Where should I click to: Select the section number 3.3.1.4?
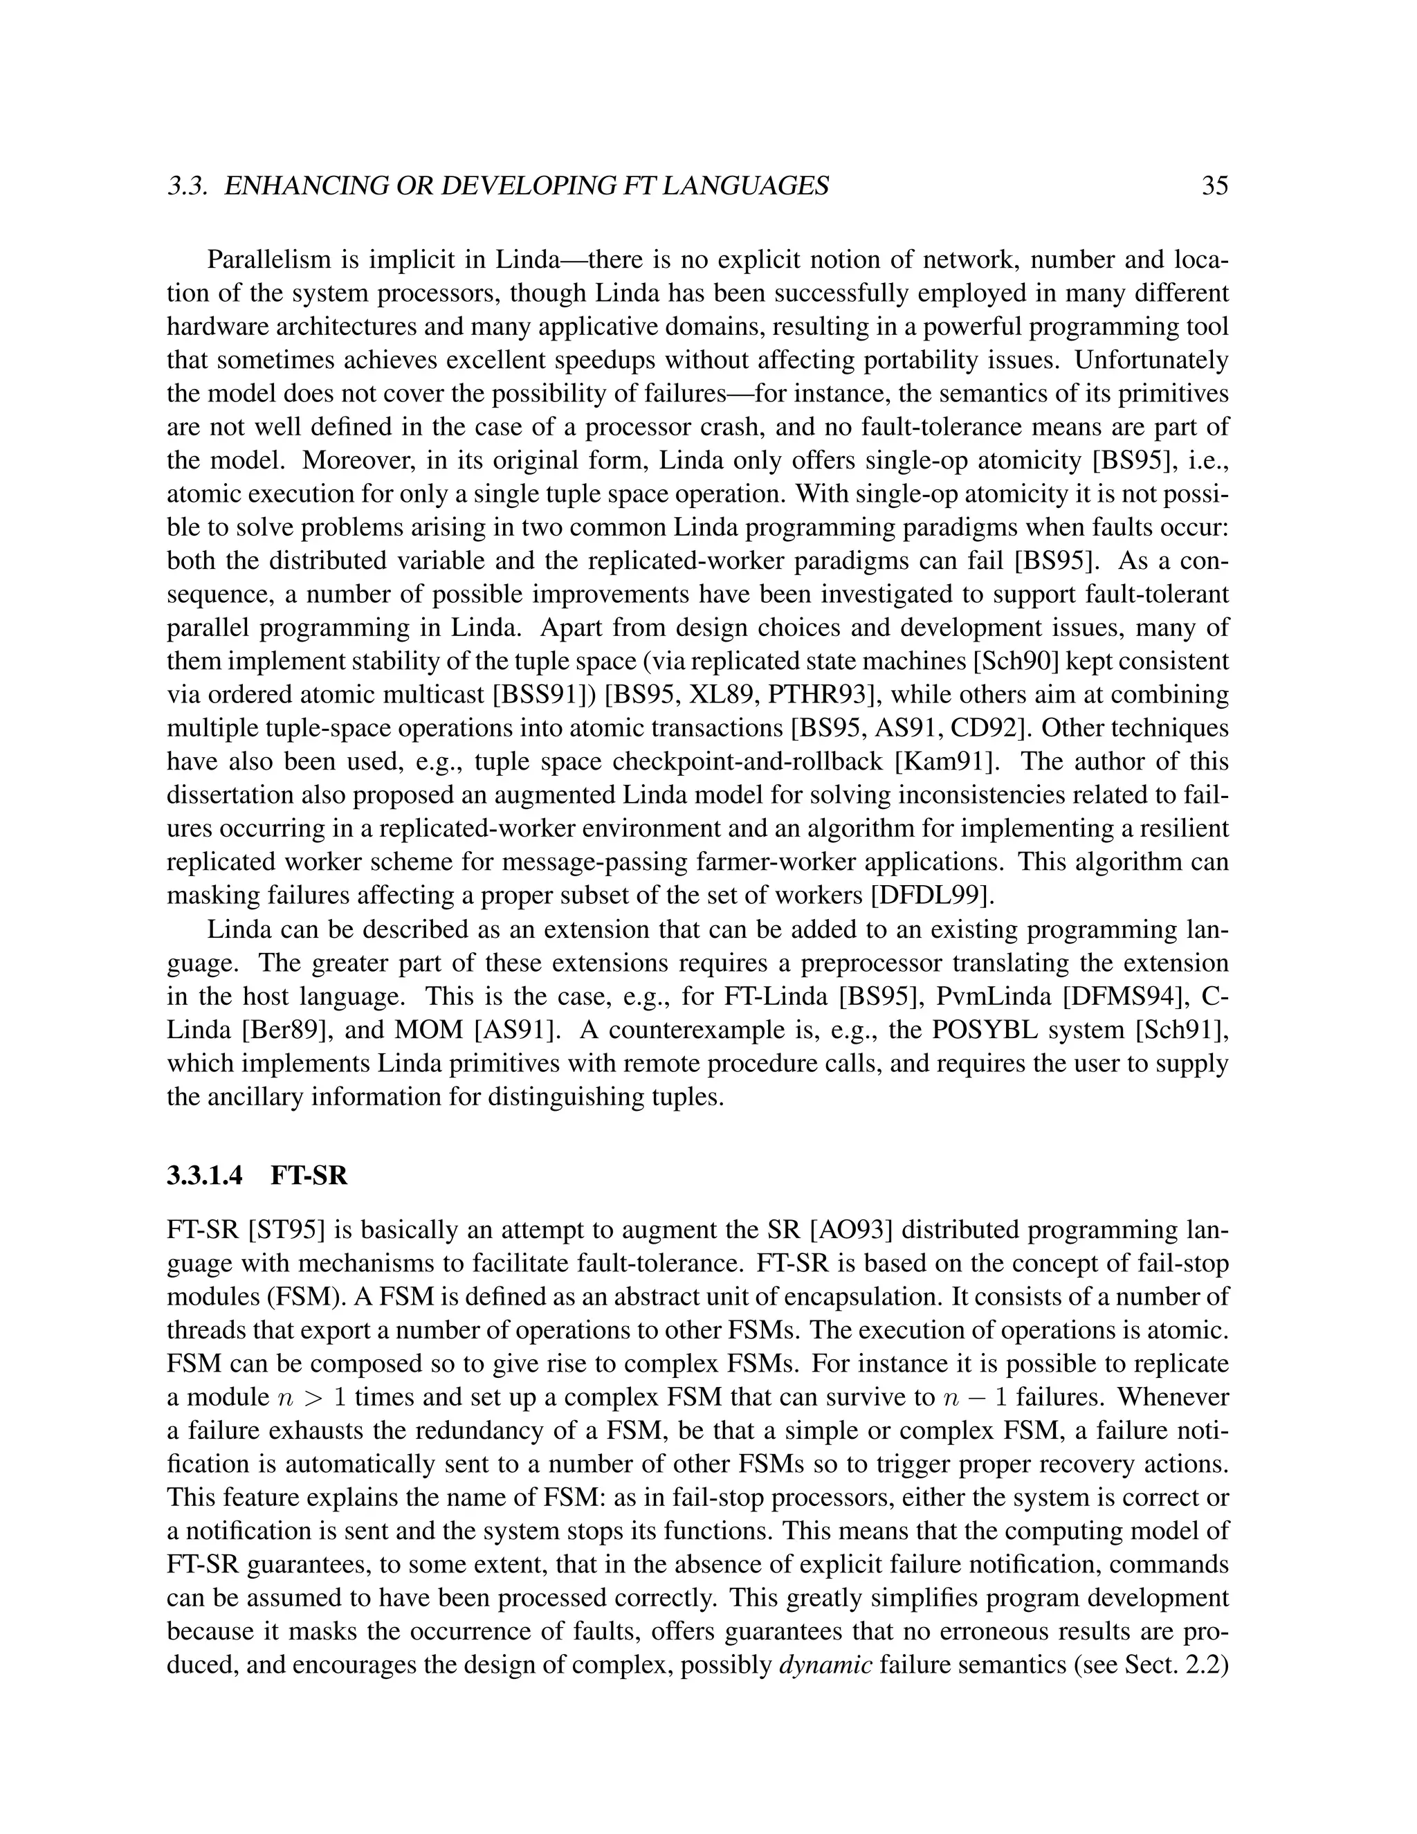(x=205, y=1176)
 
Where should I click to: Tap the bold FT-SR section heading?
(x=309, y=1176)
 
